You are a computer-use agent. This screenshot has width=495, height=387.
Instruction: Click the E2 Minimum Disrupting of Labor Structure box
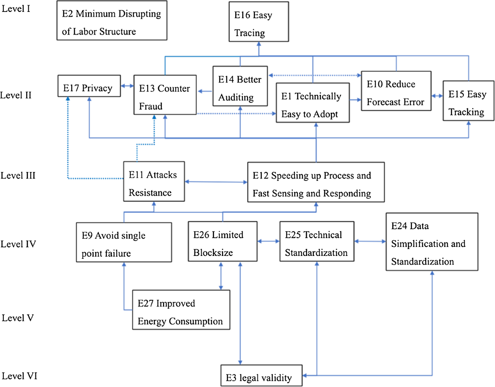pos(111,23)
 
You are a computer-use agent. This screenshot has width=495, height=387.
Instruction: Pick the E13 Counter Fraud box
pos(165,95)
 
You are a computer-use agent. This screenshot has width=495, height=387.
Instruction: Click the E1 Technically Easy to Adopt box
pos(313,102)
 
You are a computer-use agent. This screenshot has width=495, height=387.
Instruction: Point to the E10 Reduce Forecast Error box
pos(396,91)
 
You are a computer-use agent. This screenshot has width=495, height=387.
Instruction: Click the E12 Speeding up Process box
pos(316,182)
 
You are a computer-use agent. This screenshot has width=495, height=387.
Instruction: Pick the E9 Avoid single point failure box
pos(124,242)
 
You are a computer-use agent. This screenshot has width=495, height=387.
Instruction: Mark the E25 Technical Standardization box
pos(317,241)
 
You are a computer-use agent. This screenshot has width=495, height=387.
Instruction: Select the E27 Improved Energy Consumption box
pos(181,310)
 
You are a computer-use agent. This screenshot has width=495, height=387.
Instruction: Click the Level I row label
pos(16,9)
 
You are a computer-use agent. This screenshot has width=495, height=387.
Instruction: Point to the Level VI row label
pos(19,376)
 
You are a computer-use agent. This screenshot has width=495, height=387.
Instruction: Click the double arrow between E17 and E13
pos(127,86)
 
